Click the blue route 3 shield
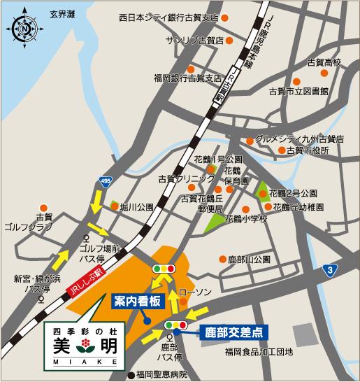328,269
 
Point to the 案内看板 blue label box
136,302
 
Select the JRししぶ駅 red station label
85,278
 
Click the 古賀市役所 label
308,150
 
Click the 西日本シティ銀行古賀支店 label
168,15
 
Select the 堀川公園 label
136,207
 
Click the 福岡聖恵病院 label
161,374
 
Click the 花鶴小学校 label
245,220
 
